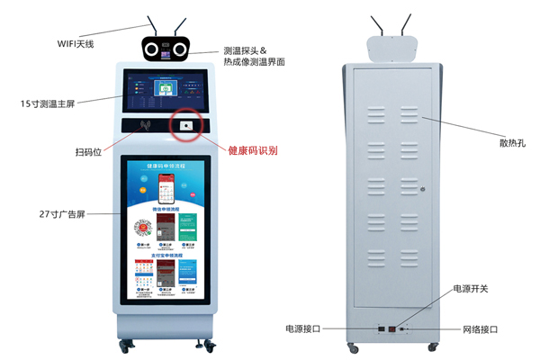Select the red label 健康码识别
point(253,150)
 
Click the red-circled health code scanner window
point(186,126)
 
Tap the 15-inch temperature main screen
point(167,93)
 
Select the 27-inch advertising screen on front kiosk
point(166,230)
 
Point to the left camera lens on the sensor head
point(153,49)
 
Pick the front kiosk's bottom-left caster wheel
point(126,343)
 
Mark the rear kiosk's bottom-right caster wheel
point(436,345)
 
